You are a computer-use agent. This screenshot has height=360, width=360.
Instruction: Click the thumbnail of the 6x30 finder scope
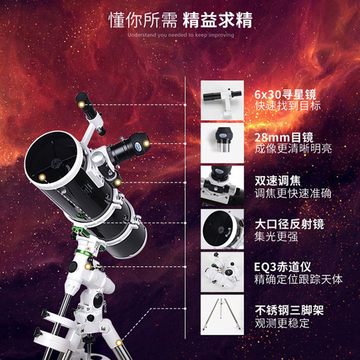(222, 99)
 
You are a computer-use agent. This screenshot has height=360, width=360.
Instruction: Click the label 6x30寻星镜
(285, 94)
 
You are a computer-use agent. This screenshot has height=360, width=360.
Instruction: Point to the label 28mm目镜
(283, 137)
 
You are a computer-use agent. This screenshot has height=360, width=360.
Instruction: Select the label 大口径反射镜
(289, 224)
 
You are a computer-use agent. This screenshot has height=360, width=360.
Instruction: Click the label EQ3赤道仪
(283, 267)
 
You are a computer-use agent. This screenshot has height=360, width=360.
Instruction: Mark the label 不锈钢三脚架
(289, 310)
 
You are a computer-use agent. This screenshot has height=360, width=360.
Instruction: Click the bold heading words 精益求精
(217, 20)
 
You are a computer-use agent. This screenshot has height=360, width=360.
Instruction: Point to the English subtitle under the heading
(180, 35)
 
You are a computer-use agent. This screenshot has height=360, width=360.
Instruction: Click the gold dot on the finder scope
(81, 104)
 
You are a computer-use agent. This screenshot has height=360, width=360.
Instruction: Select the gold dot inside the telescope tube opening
(42, 177)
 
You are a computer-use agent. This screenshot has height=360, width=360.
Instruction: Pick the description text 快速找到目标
(282, 107)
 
